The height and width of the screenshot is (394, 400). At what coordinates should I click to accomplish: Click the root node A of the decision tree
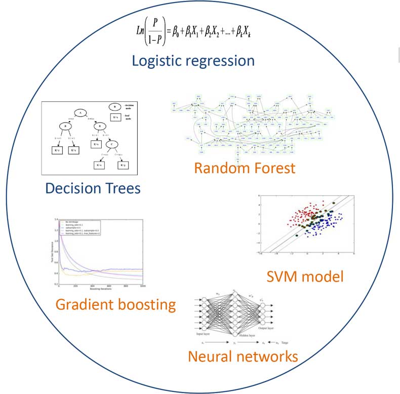click(79, 113)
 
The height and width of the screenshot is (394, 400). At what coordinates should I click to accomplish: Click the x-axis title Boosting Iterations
click(101, 290)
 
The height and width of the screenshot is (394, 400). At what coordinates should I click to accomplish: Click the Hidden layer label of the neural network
click(246, 336)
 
